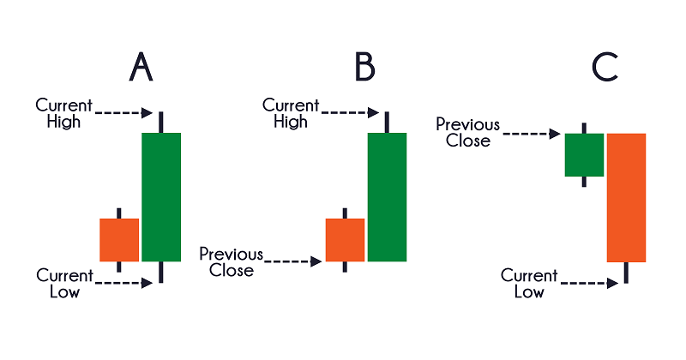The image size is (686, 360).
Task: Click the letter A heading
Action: (141, 67)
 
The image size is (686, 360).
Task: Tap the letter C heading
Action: (605, 67)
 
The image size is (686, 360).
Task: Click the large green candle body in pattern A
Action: (161, 197)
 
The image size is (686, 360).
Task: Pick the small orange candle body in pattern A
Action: (119, 240)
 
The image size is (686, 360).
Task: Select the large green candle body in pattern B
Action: (388, 197)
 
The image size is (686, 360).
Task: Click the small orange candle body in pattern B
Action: (345, 240)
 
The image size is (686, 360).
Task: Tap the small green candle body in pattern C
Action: (584, 154)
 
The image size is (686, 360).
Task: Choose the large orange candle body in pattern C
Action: (626, 197)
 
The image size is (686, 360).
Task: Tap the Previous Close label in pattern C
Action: (467, 132)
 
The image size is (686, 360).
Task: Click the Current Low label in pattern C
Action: (529, 284)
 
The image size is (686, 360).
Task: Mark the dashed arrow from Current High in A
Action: (124, 112)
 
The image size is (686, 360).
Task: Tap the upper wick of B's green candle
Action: (388, 121)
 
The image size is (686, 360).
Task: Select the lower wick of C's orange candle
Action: (626, 273)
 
